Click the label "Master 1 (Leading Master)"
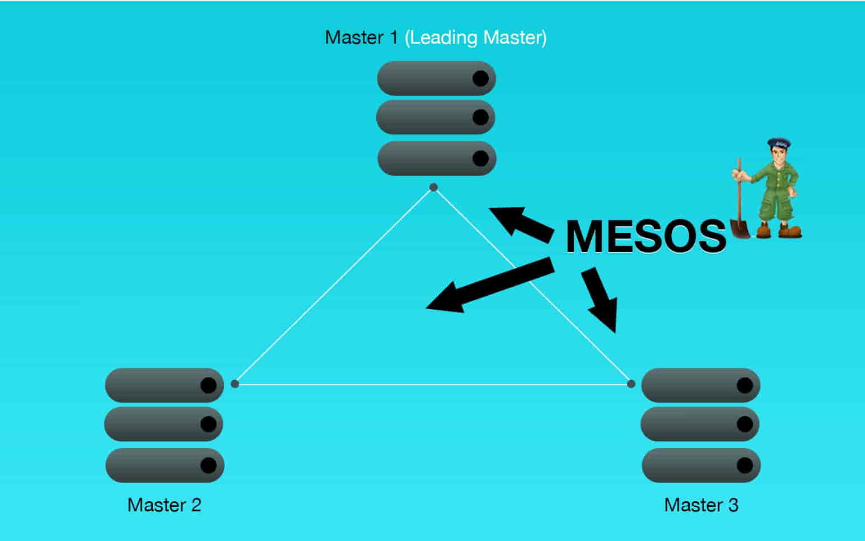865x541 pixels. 436,38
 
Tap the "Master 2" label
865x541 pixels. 164,505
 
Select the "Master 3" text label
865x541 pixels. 701,505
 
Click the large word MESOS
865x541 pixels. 646,236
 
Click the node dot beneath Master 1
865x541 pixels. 433,187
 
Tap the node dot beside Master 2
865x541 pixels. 235,384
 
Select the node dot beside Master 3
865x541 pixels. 631,384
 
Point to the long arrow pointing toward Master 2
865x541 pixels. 487,286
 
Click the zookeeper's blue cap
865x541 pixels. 779,143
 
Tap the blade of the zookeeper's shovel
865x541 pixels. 740,228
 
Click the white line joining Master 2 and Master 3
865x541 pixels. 431,384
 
